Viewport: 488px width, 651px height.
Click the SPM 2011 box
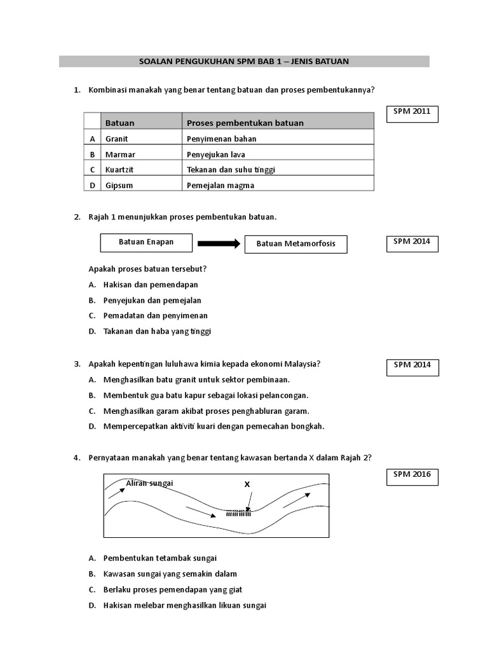pos(412,113)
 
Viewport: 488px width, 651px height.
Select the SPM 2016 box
pos(412,476)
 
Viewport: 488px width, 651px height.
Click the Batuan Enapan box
pos(146,243)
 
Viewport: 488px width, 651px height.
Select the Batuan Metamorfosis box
pos(295,244)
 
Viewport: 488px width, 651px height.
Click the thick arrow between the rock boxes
pos(218,243)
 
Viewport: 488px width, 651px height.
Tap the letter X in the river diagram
pos(247,484)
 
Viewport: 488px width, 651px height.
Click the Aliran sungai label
pos(149,483)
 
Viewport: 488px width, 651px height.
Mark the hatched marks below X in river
pos(238,512)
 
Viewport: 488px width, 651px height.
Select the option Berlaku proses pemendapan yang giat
pos(173,589)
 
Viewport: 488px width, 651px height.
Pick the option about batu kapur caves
pos(206,395)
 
